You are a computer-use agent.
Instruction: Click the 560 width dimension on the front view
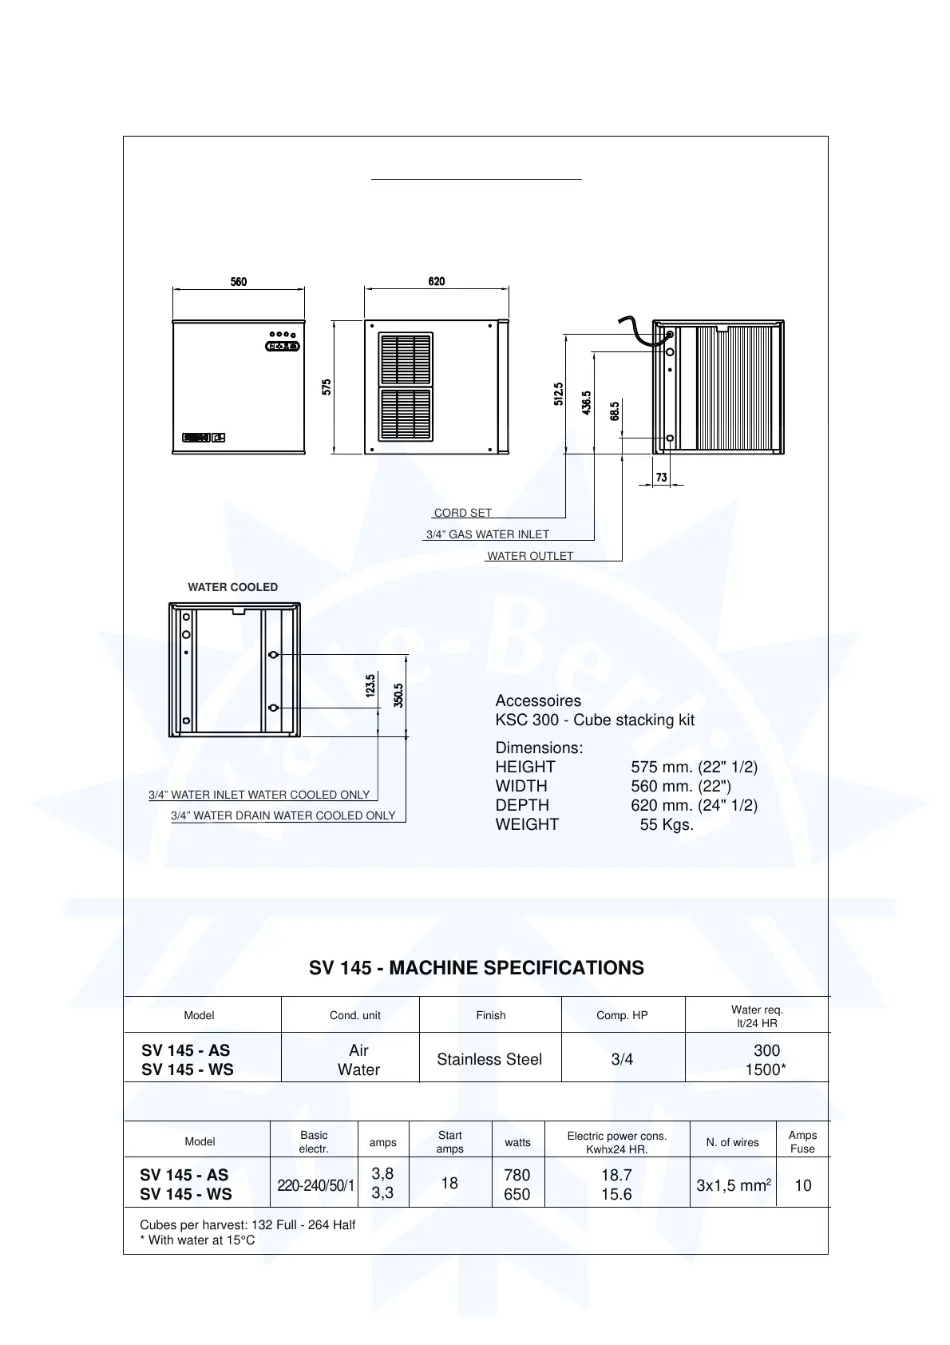pos(239,282)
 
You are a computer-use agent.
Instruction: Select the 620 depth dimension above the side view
pos(436,282)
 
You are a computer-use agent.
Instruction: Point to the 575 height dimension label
pos(327,387)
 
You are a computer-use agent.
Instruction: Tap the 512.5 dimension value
pos(559,394)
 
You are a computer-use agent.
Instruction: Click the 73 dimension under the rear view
pos(662,478)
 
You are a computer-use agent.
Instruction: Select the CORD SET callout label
pos(463,513)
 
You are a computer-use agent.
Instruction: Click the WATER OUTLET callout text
pos(530,556)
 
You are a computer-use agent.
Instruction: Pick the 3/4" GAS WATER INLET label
pos(488,534)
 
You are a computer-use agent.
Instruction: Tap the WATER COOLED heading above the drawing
pos(233,587)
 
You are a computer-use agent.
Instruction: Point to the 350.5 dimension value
pos(398,695)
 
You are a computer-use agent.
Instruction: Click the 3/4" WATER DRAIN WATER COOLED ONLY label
pos(283,815)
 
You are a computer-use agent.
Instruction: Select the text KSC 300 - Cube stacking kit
pos(595,720)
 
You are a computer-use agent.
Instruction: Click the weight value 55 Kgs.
pos(667,824)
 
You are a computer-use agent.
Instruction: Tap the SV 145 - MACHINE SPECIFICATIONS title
pos(477,968)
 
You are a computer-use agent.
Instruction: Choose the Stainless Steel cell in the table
pos(489,1059)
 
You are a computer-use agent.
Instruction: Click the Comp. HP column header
pos(622,1015)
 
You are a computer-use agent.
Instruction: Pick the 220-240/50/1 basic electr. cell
pos(315,1185)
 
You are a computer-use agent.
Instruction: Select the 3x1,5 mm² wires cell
pos(734,1185)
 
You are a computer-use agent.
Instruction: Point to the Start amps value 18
pos(449,1183)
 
